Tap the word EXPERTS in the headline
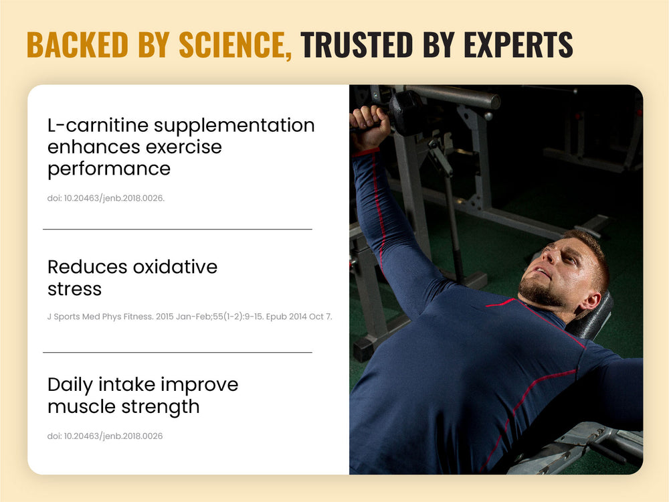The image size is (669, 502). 518,44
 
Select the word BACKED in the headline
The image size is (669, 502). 77,44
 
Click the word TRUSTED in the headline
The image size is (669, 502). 357,44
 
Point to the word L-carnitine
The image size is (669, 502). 98,126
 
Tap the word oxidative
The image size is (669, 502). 175,267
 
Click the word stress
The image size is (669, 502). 75,289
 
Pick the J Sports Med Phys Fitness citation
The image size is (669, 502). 189,317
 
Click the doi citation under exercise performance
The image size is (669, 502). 106,198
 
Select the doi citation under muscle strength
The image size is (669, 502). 105,436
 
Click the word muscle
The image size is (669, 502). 82,407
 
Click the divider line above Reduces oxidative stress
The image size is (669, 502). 177,229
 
